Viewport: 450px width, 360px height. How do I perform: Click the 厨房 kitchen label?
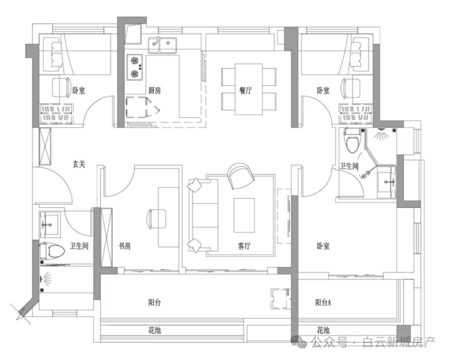pos(154,91)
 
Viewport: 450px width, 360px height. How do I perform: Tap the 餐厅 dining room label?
pos(246,91)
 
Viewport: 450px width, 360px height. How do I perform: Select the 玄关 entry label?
pos(78,164)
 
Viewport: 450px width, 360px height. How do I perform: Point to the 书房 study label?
pos(125,246)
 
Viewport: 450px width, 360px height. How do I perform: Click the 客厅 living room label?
pos(244,246)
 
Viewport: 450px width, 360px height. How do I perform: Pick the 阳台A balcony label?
pos(323,302)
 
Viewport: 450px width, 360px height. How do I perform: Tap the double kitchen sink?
pos(162,45)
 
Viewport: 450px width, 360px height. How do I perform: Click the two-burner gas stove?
pos(134,67)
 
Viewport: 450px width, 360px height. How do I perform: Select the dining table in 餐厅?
pos(249,89)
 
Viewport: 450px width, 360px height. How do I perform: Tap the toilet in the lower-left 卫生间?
pos(52,251)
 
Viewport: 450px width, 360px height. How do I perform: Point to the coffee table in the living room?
pos(244,215)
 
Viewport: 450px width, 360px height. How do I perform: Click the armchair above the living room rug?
pos(240,176)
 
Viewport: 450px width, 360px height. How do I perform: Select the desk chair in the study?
pos(156,219)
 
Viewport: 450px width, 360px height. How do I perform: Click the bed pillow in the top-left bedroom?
pos(56,54)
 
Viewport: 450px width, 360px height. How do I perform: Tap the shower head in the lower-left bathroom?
pos(46,279)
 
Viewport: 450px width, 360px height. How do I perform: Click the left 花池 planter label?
pos(154,330)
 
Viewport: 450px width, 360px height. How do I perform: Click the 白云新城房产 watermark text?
pos(399,342)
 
